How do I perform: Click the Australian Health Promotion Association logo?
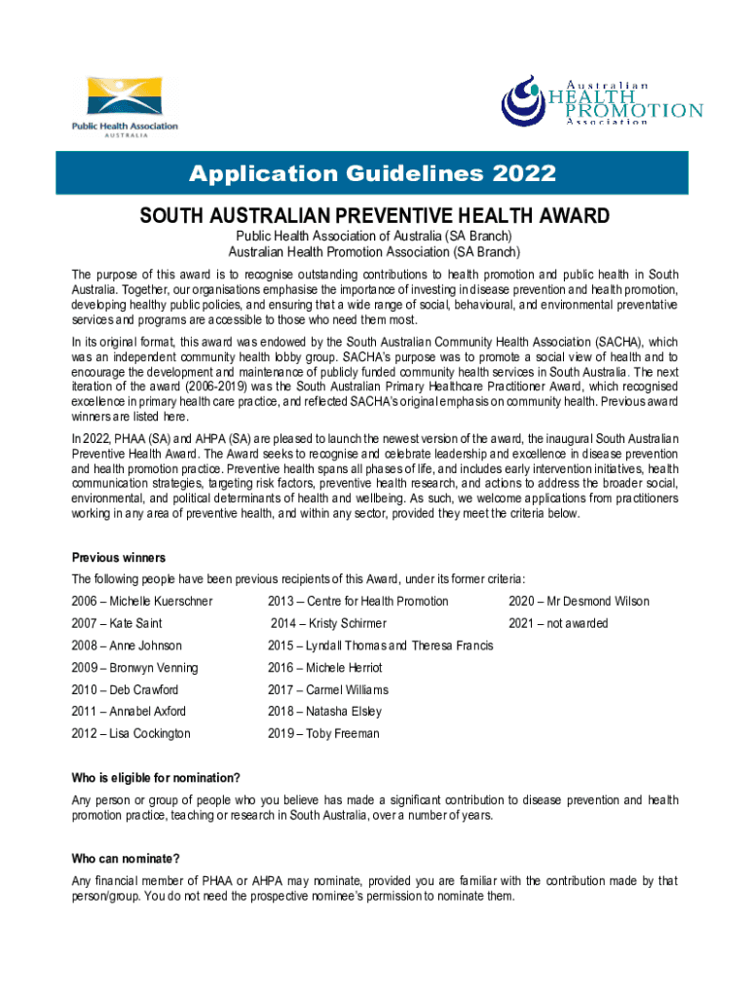pos(601,100)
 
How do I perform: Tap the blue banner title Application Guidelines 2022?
pos(375,174)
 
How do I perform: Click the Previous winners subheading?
pos(119,558)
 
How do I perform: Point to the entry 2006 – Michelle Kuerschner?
pos(142,601)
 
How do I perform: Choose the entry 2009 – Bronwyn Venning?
pos(134,668)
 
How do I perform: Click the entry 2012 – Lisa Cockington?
pos(131,734)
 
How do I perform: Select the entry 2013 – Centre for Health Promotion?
pos(357,601)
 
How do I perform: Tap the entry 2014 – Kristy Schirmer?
pos(328,623)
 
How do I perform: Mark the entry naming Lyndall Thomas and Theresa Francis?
pos(380,646)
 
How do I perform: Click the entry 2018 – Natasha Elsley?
pos(324,712)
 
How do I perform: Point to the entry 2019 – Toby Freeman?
pos(323,734)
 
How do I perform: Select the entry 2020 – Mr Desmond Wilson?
pos(579,601)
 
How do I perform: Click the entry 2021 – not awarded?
pos(558,623)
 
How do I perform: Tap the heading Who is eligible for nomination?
pos(156,778)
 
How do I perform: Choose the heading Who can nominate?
pos(126,859)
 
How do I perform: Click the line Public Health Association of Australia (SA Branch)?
pos(375,237)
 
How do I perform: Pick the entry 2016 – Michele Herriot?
pos(324,668)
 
